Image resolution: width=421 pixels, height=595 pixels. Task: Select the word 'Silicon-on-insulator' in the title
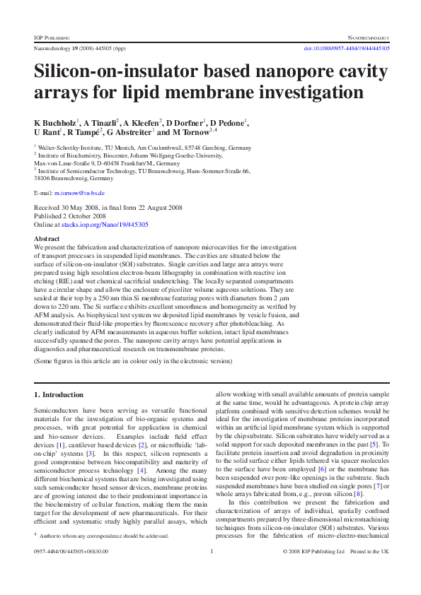pos(120,72)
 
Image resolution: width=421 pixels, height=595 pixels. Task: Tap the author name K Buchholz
pos(56,122)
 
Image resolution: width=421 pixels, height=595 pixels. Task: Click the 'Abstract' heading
pos(47,239)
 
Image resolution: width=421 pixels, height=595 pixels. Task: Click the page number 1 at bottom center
pos(212,570)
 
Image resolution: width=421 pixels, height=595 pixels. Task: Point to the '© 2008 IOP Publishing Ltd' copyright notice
pos(313,570)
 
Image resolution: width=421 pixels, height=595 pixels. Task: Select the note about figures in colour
pos(133,360)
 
